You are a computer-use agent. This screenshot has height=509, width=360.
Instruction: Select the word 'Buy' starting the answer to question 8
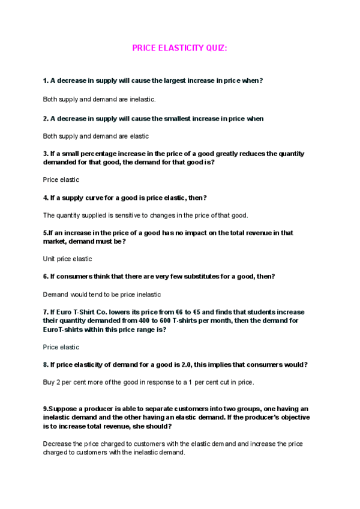(x=49, y=382)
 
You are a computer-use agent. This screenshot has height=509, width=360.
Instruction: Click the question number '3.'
(x=46, y=154)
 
